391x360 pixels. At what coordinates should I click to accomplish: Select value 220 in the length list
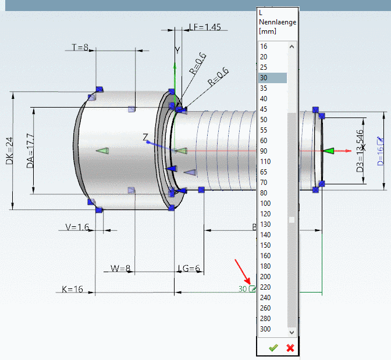pos(265,287)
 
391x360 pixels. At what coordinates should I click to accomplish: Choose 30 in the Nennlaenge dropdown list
pos(264,78)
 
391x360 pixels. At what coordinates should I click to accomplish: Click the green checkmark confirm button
pos(273,348)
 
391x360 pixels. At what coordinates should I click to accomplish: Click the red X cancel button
pos(290,348)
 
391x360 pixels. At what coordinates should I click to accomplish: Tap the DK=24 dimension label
pos(9,151)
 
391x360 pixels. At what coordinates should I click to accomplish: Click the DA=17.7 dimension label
pos(31,150)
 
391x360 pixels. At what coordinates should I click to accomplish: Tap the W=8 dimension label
pos(120,268)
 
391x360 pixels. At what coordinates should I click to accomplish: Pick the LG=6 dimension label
pos(189,268)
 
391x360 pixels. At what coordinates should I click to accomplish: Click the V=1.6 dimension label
pos(76,227)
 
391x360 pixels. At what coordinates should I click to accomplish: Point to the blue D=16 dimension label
pos(381,150)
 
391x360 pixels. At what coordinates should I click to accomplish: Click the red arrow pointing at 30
pos(241,273)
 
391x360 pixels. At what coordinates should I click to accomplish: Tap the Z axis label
pos(145,137)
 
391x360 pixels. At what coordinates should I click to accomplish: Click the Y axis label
pos(178,50)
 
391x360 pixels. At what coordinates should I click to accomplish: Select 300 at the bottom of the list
pos(265,329)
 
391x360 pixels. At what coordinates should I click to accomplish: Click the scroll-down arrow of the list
pos(292,332)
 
